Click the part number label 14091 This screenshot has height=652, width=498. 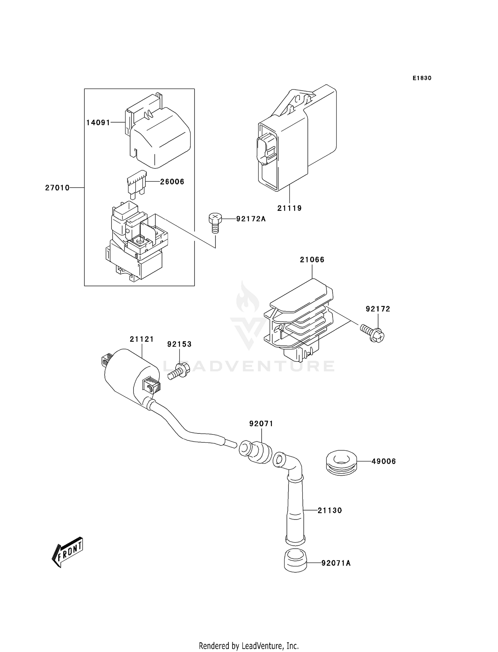tap(98, 123)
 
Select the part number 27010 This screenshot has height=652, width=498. tap(57, 188)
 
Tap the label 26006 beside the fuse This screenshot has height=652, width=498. tap(172, 182)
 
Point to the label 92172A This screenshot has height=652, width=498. tap(251, 219)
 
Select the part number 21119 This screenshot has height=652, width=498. tap(290, 208)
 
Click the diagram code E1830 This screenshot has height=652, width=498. tap(422, 78)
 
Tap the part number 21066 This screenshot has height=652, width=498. tap(312, 259)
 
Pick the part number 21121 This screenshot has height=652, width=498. tap(142, 339)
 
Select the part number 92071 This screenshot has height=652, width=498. tap(261, 423)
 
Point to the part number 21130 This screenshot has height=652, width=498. tap(330, 511)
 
